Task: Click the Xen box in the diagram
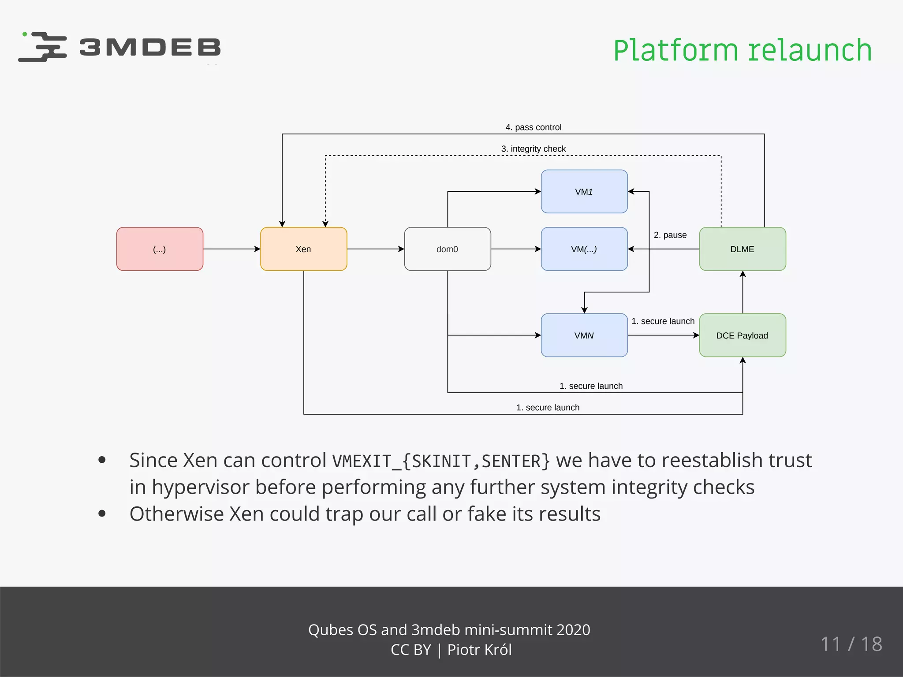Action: [303, 249]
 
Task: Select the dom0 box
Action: [447, 249]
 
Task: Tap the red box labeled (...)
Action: [160, 249]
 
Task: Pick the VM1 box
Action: [584, 192]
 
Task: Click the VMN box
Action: [584, 335]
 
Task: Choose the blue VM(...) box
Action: [584, 249]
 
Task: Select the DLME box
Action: [742, 249]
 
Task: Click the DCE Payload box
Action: [742, 335]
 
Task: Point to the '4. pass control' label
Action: [533, 127]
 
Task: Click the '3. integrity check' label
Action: [533, 149]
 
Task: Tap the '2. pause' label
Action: [670, 235]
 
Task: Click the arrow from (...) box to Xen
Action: [231, 249]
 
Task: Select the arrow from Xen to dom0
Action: [375, 249]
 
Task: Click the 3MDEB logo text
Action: [149, 48]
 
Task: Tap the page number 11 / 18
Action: [851, 644]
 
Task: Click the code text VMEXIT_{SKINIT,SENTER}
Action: [441, 461]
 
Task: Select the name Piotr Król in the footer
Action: [479, 650]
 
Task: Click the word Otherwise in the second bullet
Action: [176, 514]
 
